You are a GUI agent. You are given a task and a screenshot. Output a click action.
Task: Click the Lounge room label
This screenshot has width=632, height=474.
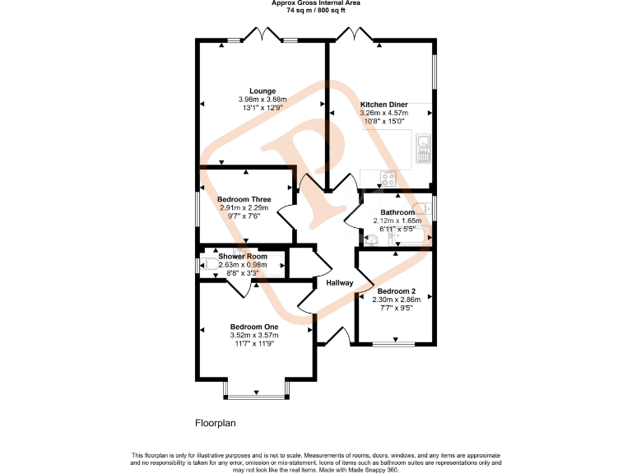tap(263, 91)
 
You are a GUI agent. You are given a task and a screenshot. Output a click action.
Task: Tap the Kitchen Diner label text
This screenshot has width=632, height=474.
tap(383, 105)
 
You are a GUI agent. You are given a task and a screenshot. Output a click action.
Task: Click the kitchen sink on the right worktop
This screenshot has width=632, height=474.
tap(424, 148)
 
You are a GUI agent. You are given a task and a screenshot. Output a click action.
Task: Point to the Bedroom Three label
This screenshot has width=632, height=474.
tap(244, 199)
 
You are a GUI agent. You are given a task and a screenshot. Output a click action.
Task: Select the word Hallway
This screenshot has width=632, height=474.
tap(339, 283)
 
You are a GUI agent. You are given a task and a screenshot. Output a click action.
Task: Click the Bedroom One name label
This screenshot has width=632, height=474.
tap(254, 327)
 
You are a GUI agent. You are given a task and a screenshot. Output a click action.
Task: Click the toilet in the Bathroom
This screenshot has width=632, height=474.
tap(370, 238)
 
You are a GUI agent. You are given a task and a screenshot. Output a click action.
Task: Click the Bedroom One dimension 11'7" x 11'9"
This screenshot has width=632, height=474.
tap(254, 343)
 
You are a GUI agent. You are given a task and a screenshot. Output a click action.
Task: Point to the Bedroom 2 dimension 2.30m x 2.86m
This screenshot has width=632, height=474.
tap(397, 300)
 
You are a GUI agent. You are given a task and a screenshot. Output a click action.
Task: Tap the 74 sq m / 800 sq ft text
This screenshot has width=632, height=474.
tap(315, 11)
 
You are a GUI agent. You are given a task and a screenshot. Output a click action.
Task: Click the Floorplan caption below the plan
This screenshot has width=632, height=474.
tap(215, 424)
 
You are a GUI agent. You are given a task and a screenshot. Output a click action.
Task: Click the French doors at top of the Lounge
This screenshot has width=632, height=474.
tap(268, 35)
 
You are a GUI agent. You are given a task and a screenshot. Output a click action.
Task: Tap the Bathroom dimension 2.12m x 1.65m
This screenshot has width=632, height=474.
tap(397, 221)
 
